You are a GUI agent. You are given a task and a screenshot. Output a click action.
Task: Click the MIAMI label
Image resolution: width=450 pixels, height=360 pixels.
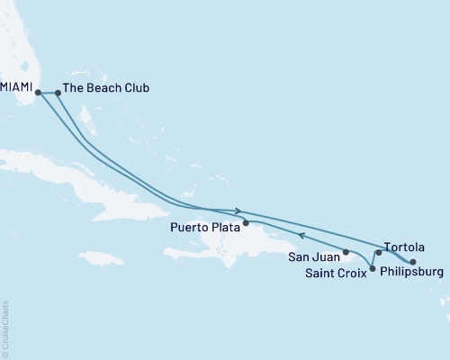coord(17,88)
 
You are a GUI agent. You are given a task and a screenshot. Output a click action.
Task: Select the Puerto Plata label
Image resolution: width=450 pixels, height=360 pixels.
coord(202,229)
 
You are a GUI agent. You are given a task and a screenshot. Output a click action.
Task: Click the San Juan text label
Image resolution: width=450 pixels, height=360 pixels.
coord(314,256)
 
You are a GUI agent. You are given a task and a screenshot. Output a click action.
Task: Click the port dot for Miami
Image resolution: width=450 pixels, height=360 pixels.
coord(38,91)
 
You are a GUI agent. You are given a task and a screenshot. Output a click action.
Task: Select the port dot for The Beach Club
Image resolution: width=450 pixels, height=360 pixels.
coord(58,91)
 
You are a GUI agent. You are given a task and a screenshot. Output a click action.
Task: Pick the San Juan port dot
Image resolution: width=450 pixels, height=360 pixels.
coord(346,252)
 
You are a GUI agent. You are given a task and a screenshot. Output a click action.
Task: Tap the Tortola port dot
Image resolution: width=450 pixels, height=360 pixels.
coord(379,253)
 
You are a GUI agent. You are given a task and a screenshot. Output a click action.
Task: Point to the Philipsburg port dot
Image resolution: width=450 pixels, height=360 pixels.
coord(412,262)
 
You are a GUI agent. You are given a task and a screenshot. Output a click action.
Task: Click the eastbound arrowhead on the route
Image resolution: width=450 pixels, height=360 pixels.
coord(238,211)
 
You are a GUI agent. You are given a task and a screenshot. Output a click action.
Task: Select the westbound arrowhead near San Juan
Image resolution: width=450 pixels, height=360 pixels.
coord(302,237)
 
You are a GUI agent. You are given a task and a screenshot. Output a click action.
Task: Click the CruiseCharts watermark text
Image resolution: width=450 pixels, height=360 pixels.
coord(6,329)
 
